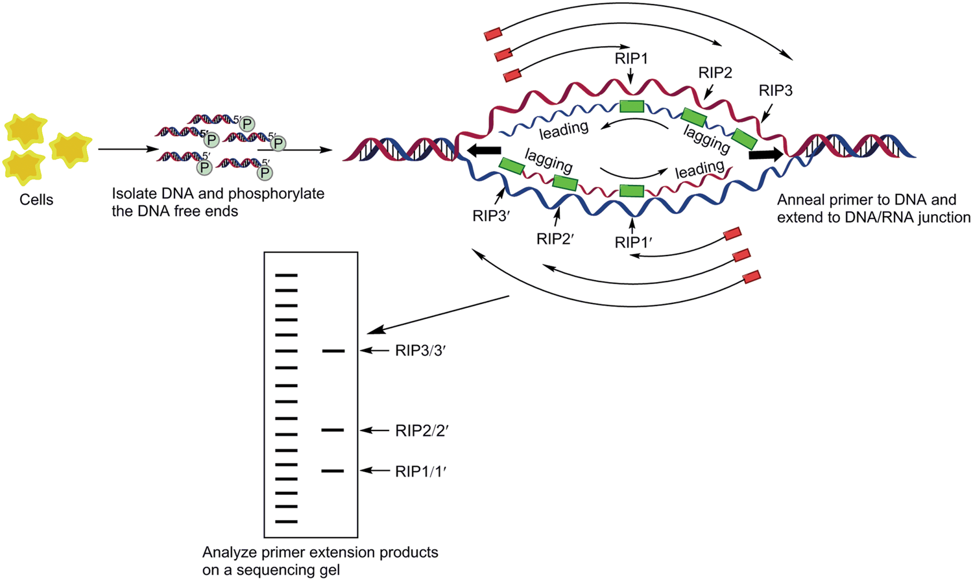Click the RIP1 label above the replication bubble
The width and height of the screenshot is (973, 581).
tap(631, 59)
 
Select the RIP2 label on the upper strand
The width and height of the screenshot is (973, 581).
tap(715, 73)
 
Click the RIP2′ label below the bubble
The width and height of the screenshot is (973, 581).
tap(556, 239)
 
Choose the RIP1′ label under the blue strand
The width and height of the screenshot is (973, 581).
tap(633, 243)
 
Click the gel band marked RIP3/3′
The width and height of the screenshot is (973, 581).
tap(333, 351)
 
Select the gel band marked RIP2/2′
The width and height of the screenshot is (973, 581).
tap(333, 430)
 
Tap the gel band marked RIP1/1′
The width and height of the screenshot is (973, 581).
tap(333, 471)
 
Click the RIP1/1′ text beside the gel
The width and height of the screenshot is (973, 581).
tap(421, 471)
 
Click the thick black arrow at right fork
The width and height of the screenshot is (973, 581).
tap(765, 156)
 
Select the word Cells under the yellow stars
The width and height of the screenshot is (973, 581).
tap(36, 200)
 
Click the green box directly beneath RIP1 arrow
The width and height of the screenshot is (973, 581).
tap(631, 106)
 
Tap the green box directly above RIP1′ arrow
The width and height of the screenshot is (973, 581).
tap(632, 191)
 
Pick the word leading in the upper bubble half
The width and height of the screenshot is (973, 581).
tap(564, 130)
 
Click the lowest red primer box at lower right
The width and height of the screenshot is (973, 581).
tap(751, 277)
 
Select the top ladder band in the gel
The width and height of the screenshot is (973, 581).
tap(286, 276)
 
